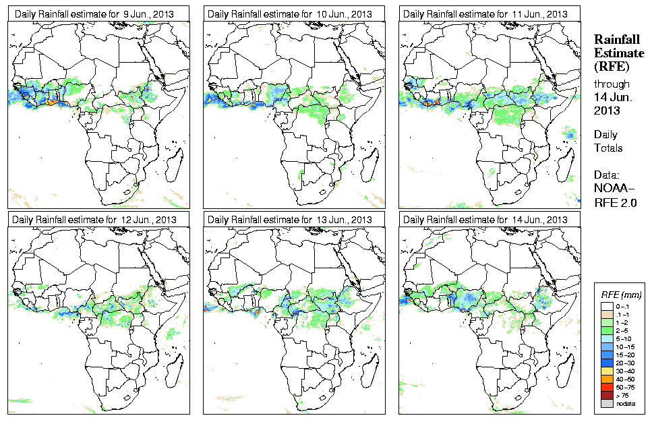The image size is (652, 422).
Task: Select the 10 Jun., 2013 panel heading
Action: (x=291, y=13)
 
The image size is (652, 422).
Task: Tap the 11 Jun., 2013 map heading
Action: (x=486, y=13)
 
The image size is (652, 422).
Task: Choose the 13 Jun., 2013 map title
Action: (x=291, y=220)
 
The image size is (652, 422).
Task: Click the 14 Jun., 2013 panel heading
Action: (x=486, y=220)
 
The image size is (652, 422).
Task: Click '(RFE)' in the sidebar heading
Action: (x=611, y=67)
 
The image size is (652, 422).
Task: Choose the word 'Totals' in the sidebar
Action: (x=608, y=148)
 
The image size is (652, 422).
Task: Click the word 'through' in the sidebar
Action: (x=612, y=84)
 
